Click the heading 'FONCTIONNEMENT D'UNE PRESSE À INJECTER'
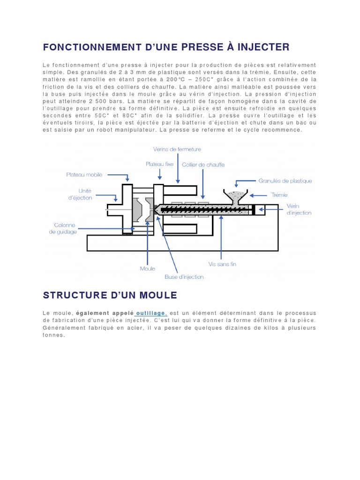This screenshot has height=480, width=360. coord(166,47)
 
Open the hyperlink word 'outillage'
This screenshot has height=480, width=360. coord(150,313)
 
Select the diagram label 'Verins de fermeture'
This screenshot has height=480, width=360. coord(177,150)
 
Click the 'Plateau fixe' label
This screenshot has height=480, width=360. coord(160,165)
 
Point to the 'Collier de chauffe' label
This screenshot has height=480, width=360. coord(203,165)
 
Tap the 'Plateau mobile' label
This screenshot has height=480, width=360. coord(84,175)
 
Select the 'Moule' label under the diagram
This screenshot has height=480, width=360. coord(148,269)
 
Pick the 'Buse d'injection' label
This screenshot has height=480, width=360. coord(184,277)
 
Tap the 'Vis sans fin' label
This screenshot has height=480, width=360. coord(222,264)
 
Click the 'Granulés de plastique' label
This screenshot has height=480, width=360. coord(285,180)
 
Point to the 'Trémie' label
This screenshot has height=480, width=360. coord(279,195)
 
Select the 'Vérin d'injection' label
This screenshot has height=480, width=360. coord(299,209)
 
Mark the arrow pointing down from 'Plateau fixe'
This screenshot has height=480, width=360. coord(160,175)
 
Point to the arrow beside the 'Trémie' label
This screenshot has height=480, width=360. coord(257,195)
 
